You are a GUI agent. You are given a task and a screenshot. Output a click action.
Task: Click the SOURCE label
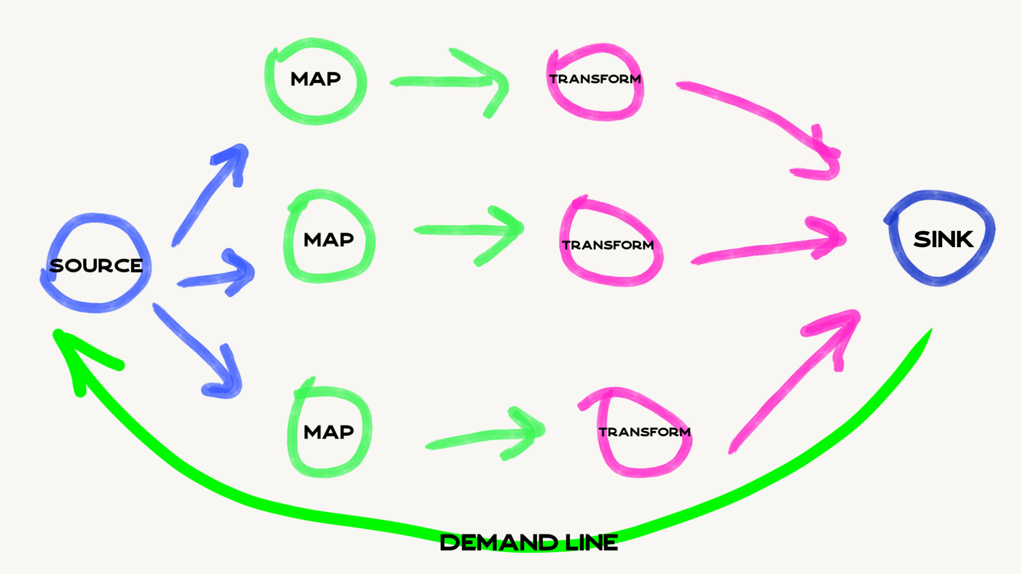pyautogui.click(x=96, y=265)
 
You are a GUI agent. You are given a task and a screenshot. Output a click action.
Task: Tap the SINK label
pyautogui.click(x=943, y=239)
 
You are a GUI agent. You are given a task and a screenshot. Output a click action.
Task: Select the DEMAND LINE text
pyautogui.click(x=529, y=543)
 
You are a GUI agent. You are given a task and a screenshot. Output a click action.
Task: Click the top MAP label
pyautogui.click(x=315, y=79)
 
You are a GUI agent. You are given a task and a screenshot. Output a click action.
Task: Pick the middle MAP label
pyautogui.click(x=329, y=240)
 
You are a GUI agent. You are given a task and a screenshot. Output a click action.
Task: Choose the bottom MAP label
pyautogui.click(x=329, y=432)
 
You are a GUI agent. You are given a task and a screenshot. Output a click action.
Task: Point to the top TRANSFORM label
pyautogui.click(x=595, y=79)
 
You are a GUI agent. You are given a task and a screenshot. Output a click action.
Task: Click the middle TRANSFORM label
pyautogui.click(x=608, y=245)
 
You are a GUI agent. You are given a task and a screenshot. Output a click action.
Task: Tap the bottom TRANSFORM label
pyautogui.click(x=645, y=432)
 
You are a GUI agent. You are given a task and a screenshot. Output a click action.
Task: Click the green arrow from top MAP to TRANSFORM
pyautogui.click(x=447, y=81)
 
